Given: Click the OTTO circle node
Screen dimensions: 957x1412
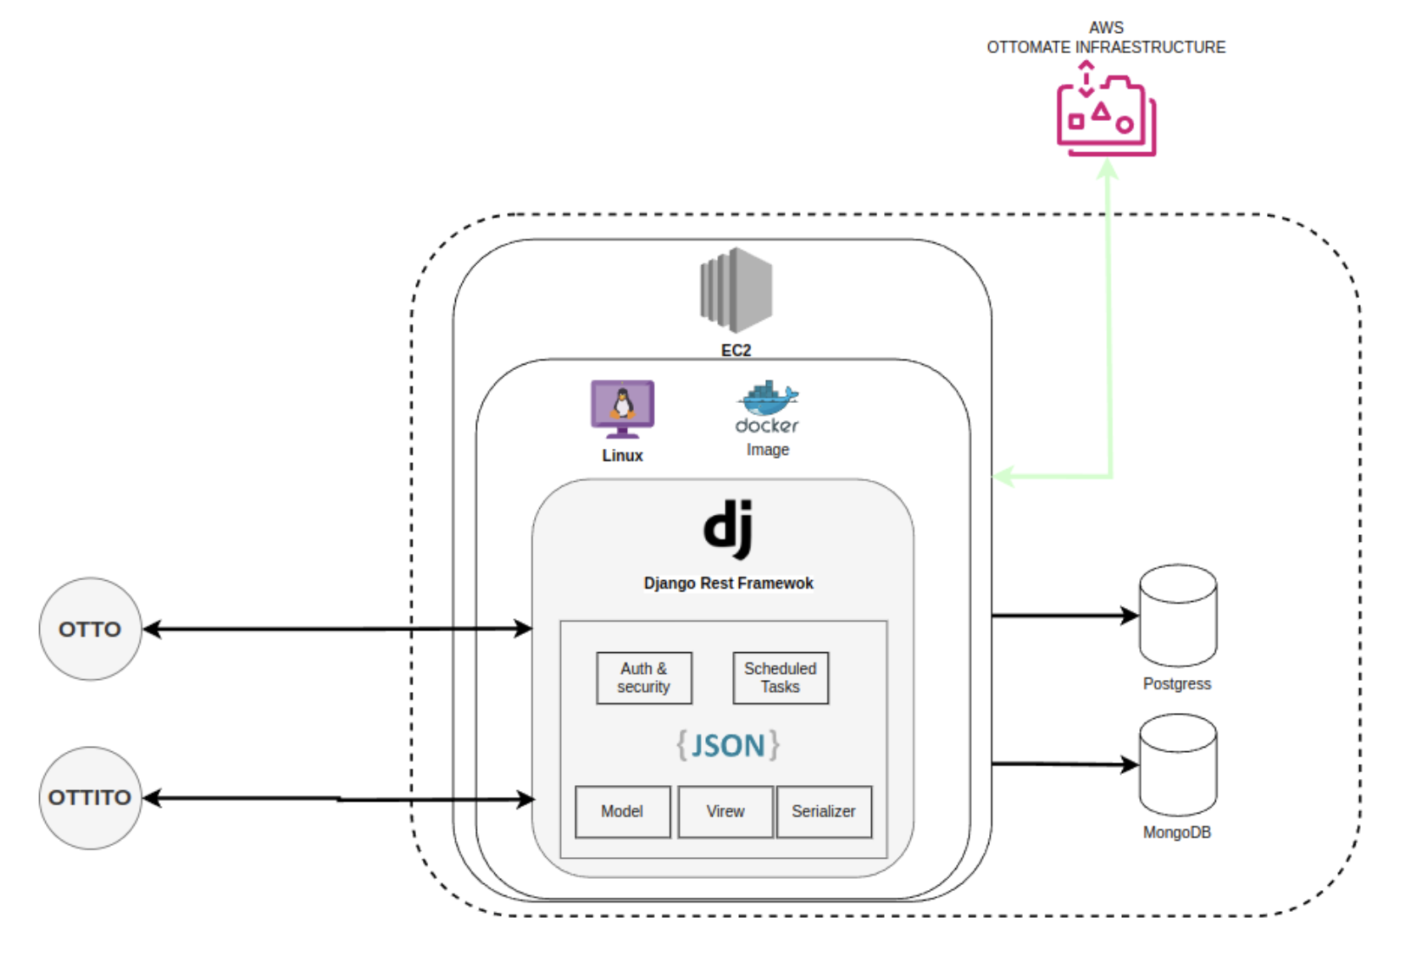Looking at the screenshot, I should point(89,629).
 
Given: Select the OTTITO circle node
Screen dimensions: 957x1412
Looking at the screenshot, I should point(89,797).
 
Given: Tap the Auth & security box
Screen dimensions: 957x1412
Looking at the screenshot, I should point(643,677).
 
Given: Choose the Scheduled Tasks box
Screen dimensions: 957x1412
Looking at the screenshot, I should point(780,677).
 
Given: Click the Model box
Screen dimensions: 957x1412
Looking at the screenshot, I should point(622,811).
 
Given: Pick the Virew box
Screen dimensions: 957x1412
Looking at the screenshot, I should point(725,811).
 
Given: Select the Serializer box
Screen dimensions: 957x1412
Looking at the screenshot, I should point(823,811).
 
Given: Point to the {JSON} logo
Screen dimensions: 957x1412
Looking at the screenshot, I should point(728,745).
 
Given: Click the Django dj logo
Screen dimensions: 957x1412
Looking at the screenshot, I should point(728,528).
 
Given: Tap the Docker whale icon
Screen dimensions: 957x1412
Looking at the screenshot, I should point(768,399).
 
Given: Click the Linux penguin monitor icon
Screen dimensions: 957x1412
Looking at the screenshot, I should point(623,408).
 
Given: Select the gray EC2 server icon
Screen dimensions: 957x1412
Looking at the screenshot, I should point(736,290).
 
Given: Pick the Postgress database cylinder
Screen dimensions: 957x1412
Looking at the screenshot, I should point(1178,616).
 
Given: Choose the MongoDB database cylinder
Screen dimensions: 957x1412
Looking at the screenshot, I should point(1178,765).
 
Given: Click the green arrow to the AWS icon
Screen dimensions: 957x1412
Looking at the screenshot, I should point(1109,330).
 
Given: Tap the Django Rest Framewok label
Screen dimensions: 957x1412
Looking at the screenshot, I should point(728,583).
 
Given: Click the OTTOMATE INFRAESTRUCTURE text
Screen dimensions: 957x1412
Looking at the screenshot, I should point(1105,47).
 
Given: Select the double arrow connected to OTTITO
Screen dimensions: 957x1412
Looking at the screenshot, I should point(339,798).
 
